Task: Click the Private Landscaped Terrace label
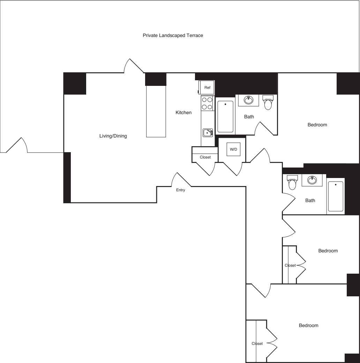pos(173,36)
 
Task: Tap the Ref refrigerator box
pos(207,87)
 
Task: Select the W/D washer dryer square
pos(233,149)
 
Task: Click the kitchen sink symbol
pos(208,133)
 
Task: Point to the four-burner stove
pos(207,103)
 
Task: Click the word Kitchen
pos(183,113)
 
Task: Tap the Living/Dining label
pos(113,136)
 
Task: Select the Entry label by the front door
pos(181,190)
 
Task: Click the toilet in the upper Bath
pos(268,103)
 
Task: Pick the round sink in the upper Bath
pos(248,100)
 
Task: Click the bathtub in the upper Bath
pos(225,117)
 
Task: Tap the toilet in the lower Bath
pos(292,183)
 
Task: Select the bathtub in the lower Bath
pos(336,196)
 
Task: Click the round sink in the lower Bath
pos(312,180)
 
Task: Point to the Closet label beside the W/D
pos(205,157)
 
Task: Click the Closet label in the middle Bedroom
pos(290,265)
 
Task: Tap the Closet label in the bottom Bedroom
pos(257,343)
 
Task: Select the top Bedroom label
pos(317,125)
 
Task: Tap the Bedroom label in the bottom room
pos(308,325)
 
